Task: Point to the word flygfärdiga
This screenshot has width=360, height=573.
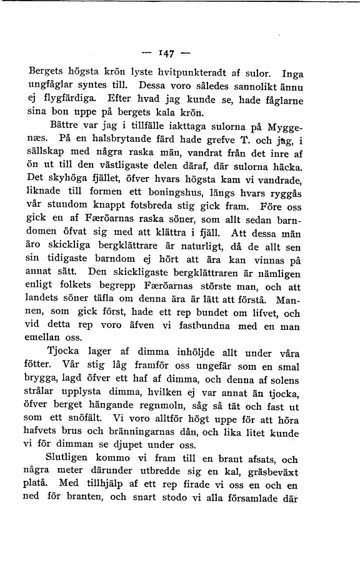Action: pyautogui.click(x=66, y=98)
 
